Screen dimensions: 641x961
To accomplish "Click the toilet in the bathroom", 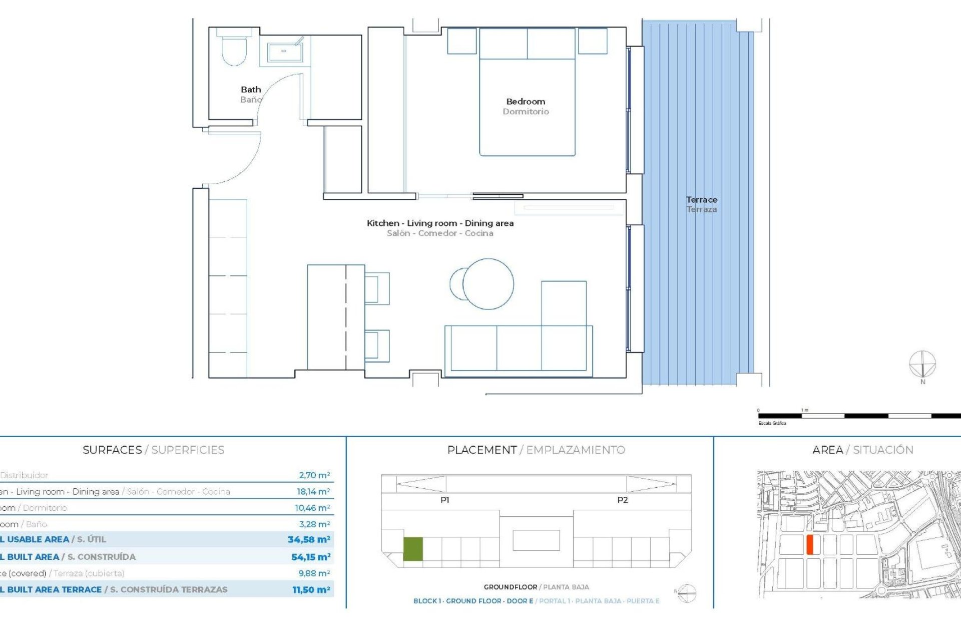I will (x=234, y=48).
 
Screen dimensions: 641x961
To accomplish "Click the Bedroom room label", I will (x=526, y=102).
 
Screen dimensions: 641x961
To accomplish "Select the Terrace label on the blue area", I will (x=701, y=200).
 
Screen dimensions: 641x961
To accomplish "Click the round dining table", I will (x=488, y=284).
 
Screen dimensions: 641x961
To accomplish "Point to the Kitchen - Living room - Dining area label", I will (x=440, y=223).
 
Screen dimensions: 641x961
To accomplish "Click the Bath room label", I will (x=251, y=90).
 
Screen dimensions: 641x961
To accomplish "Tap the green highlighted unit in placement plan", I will (x=413, y=549).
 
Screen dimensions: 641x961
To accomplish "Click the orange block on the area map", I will (x=809, y=544).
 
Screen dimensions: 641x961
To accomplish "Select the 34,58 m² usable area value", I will (x=309, y=540).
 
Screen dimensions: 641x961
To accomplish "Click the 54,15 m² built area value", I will (x=311, y=557).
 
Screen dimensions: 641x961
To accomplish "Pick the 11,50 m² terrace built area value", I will (x=311, y=590).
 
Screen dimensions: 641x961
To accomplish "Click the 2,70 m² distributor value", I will (x=314, y=475).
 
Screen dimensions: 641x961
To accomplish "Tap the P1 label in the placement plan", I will (x=444, y=500).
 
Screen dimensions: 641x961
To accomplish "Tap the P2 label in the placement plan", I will (x=622, y=500).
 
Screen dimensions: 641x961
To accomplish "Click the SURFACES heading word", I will (x=112, y=450).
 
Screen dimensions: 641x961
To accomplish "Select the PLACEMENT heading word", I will (x=482, y=450).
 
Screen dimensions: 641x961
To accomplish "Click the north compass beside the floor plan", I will (x=922, y=364).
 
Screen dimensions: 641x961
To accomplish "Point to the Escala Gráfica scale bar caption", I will (x=772, y=423).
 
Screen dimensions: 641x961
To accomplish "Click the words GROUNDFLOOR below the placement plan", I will (x=510, y=587).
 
